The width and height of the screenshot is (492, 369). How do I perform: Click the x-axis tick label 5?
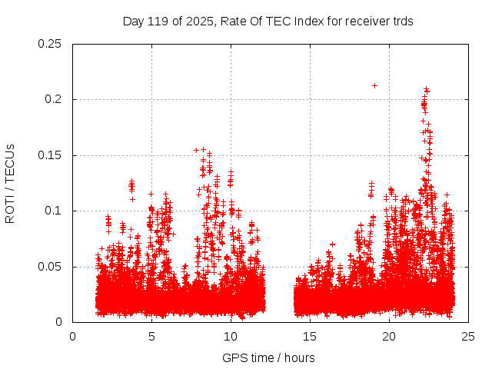click(x=151, y=336)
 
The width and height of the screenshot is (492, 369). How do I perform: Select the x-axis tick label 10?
click(x=231, y=336)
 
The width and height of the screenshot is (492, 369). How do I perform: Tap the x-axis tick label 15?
click(x=311, y=336)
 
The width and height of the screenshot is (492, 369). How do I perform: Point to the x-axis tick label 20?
click(x=390, y=336)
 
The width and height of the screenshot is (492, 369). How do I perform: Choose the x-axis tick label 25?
click(x=469, y=336)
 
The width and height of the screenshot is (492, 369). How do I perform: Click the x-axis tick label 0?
click(x=72, y=336)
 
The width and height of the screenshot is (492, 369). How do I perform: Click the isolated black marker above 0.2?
click(x=374, y=85)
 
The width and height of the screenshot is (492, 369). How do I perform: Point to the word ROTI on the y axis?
click(x=10, y=208)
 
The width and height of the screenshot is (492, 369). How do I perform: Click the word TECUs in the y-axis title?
click(x=10, y=162)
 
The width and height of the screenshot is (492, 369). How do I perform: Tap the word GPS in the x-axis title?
click(x=234, y=358)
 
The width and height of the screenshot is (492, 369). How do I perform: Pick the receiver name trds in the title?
click(x=401, y=22)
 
